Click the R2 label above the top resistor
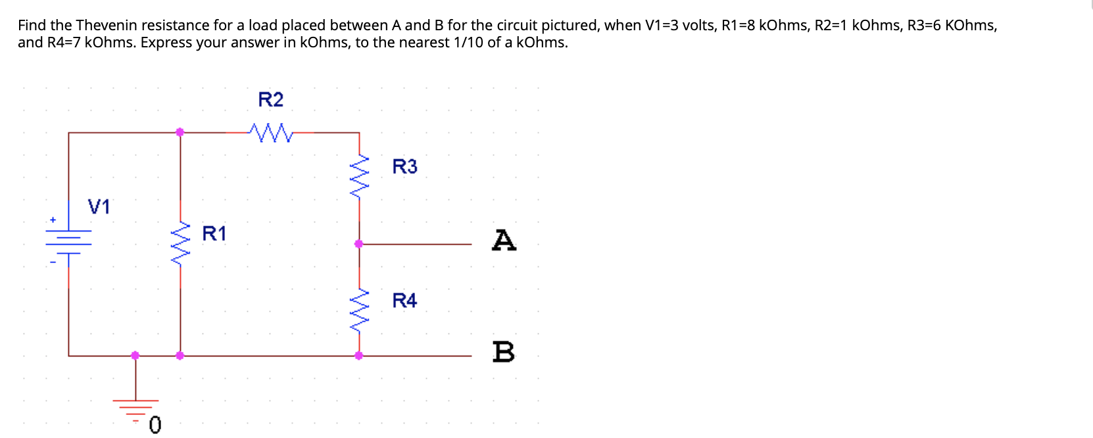[270, 100]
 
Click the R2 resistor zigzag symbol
[271, 133]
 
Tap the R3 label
[404, 167]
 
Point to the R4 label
[404, 301]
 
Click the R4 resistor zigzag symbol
[359, 310]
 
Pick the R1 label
[214, 233]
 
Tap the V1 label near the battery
[99, 207]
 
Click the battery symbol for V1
[68, 240]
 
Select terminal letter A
[504, 240]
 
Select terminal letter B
[504, 352]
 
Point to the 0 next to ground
[155, 426]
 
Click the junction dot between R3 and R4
[358, 244]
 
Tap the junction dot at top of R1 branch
[180, 132]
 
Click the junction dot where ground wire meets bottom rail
[135, 355]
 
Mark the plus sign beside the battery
[53, 220]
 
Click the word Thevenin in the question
[106, 26]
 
